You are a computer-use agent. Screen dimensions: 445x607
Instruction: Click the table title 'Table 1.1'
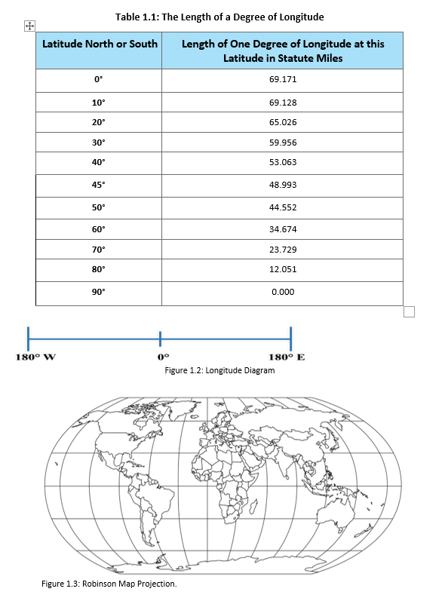click(x=219, y=17)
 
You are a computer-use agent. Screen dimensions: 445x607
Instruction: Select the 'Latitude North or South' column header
click(x=100, y=44)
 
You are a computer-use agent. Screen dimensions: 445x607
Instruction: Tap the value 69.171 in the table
click(x=281, y=78)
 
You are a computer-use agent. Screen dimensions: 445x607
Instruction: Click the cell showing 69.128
click(x=281, y=103)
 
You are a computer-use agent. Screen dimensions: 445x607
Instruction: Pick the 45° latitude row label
click(x=99, y=185)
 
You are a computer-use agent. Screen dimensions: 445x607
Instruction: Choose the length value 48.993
click(x=281, y=185)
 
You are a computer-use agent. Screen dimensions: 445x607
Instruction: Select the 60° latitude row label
click(x=99, y=228)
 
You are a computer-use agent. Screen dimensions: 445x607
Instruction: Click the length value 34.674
click(x=281, y=228)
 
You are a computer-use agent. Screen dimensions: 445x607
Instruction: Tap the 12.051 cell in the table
click(x=281, y=270)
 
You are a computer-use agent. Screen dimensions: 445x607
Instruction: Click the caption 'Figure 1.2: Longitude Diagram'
click(x=219, y=370)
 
